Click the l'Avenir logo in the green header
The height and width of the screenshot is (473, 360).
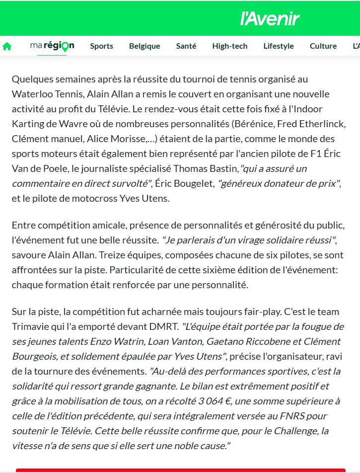point(270,19)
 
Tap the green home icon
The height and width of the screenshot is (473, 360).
point(7,46)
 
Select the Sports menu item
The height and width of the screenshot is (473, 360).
point(101,46)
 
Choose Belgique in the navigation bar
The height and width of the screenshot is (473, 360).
point(144,46)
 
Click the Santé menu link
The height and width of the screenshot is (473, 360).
point(186,46)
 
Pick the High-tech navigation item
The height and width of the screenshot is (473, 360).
point(229,46)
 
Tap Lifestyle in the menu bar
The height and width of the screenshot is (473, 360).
point(279,46)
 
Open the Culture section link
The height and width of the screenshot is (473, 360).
point(323,46)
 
